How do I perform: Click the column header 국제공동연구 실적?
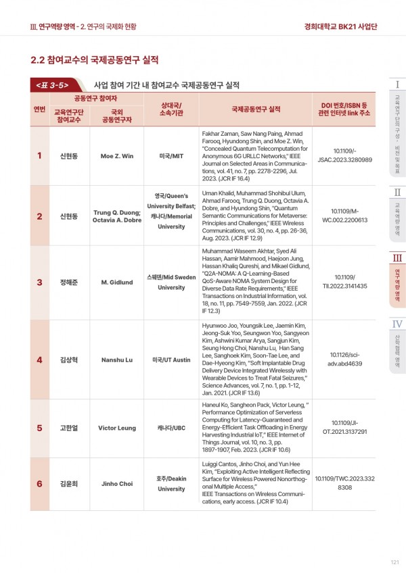coord(256,109)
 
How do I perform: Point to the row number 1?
coord(39,155)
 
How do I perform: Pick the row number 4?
coord(39,359)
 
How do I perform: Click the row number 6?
coord(39,484)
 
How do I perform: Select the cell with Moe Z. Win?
coord(116,155)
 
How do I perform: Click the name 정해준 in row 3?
coord(70,282)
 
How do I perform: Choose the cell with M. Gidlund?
coord(116,282)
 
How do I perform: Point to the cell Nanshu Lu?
coord(116,359)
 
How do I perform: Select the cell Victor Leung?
coord(116,428)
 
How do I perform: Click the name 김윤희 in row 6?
coord(70,484)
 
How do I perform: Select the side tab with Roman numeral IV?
coord(398,345)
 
